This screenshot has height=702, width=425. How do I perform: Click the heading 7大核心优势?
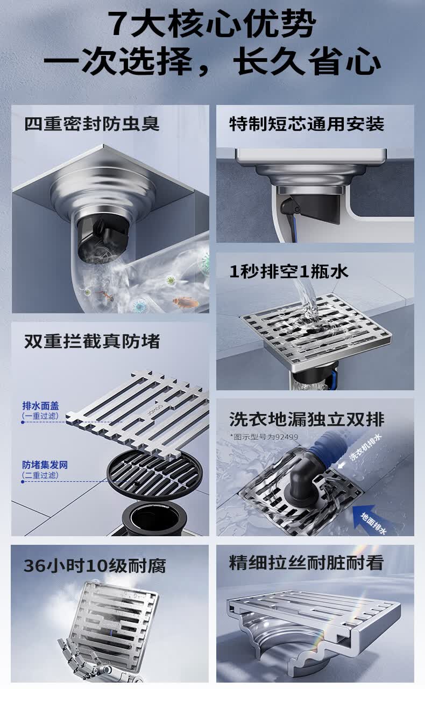pos(212,24)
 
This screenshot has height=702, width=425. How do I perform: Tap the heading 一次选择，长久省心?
pos(212,61)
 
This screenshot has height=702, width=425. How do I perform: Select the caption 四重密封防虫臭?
pos(92,124)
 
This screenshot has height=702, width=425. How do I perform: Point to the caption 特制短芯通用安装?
pos(307,124)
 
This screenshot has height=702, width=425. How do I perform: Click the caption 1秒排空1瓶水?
pos(289,271)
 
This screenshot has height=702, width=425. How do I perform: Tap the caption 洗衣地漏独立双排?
pos(307,419)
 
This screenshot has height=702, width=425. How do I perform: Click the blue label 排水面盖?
pos(40,406)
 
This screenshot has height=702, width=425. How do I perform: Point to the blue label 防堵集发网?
pos(45,465)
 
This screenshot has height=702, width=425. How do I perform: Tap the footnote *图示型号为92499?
pos(264,437)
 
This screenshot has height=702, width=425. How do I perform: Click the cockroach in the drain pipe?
pos(186,302)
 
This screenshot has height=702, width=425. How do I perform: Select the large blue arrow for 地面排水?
pos(364,514)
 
